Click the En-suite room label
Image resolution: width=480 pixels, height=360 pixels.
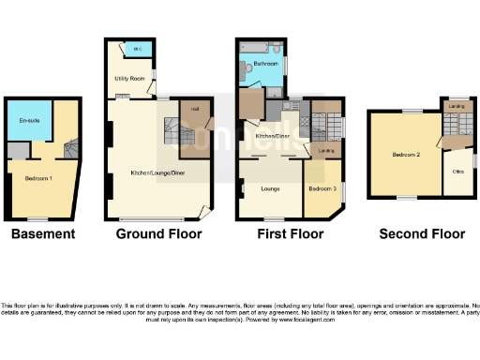(x=28, y=121)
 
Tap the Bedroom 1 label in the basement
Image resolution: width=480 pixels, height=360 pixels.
(x=37, y=178)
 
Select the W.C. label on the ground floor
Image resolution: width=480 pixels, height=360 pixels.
(x=137, y=49)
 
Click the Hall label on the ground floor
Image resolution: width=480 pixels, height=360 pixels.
(x=195, y=109)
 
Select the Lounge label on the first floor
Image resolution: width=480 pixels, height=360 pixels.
(x=258, y=188)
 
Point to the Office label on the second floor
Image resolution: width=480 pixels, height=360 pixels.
(x=457, y=172)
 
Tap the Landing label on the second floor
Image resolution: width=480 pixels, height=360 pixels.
(x=457, y=107)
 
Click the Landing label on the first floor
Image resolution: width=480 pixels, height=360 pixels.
(x=325, y=151)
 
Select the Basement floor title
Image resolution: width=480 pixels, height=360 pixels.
(x=42, y=232)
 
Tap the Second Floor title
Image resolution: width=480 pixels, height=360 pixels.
(x=422, y=232)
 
